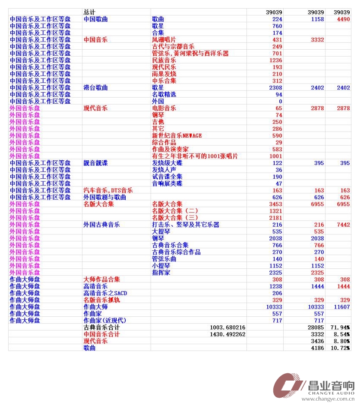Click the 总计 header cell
click(89, 12)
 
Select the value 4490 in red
click(343, 19)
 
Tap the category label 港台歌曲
click(95, 87)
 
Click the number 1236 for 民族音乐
click(276, 60)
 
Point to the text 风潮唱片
click(164, 40)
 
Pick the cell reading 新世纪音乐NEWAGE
click(177, 135)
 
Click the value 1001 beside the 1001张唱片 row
click(276, 156)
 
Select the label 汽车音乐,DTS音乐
click(108, 190)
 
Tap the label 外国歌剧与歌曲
click(105, 197)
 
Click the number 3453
click(276, 204)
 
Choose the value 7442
click(343, 225)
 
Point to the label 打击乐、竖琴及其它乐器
click(186, 225)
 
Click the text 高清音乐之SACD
click(105, 293)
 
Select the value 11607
click(342, 307)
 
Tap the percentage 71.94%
click(340, 327)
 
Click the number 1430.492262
click(227, 334)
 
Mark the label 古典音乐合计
click(102, 327)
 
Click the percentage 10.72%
click(340, 348)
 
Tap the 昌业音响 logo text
click(331, 386)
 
